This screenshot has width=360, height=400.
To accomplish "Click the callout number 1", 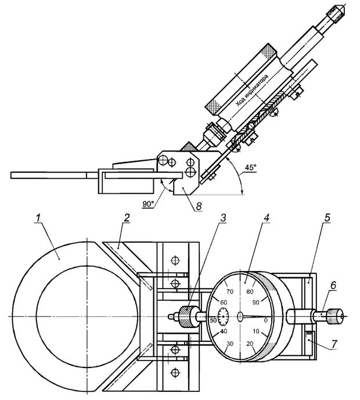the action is tap(38, 219).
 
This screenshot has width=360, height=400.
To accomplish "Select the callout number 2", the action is tap(127, 219).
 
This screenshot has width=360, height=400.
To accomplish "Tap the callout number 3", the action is tap(223, 218).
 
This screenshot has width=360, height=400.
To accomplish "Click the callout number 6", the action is tap(333, 286).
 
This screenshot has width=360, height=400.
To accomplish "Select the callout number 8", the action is tap(199, 206).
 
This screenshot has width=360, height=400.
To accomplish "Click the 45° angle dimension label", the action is tap(250, 167).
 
